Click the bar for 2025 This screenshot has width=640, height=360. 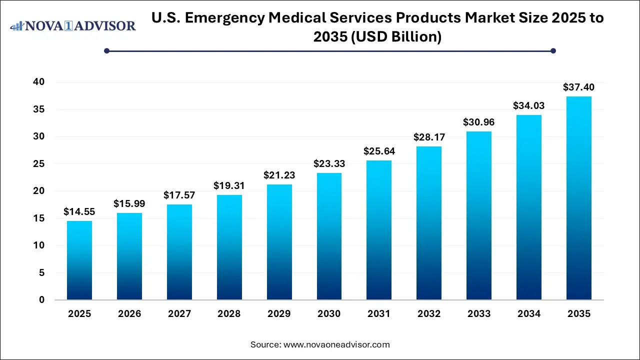(79, 260)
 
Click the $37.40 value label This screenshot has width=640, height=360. (579, 87)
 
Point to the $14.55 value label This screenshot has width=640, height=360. (79, 212)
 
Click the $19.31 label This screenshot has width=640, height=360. (229, 186)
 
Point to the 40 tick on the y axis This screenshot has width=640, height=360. (38, 82)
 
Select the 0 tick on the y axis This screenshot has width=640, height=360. (41, 300)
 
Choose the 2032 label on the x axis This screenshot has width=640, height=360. (429, 314)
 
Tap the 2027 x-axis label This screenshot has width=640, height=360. (179, 314)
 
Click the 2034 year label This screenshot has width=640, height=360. (529, 314)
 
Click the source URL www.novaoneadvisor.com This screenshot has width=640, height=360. (336, 344)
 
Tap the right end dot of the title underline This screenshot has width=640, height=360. (553, 50)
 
